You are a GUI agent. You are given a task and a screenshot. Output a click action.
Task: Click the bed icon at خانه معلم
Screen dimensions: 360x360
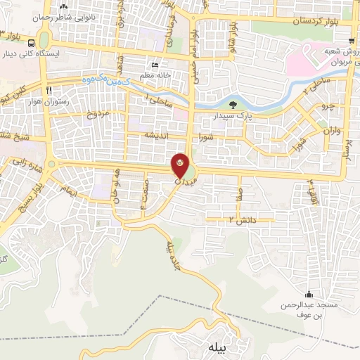point(155,65)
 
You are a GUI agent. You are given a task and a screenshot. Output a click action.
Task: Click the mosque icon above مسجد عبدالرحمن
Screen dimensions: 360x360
point(309,294)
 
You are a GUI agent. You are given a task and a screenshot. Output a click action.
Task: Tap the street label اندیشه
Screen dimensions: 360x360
point(154,135)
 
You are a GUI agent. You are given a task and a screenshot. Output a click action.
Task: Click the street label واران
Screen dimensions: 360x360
point(331,131)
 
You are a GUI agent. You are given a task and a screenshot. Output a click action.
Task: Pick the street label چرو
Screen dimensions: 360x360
point(323,107)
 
